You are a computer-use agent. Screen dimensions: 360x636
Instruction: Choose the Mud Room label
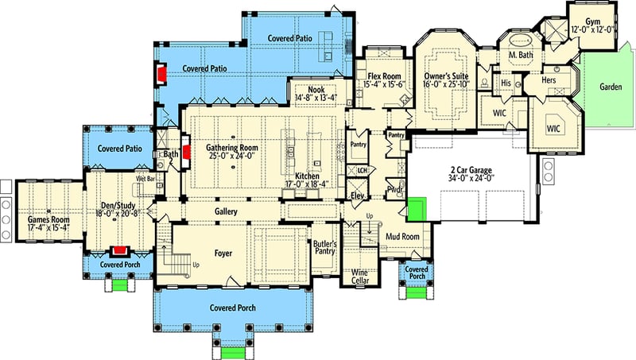402,236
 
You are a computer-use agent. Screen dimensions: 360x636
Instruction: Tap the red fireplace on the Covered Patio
161,74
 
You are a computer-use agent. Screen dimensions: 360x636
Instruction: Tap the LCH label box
363,170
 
